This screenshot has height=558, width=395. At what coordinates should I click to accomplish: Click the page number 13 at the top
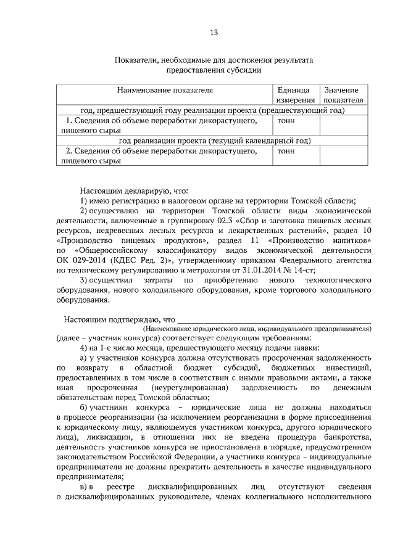point(214,32)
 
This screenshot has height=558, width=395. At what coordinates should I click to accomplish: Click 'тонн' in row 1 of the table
point(286,120)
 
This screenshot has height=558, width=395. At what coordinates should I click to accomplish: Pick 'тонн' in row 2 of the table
point(286,150)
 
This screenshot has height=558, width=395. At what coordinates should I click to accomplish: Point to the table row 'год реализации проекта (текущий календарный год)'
point(214,141)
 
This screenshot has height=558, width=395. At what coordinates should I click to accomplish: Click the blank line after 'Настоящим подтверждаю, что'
point(275,319)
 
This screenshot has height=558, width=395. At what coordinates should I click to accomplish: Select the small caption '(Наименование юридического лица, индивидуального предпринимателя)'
point(275,330)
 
